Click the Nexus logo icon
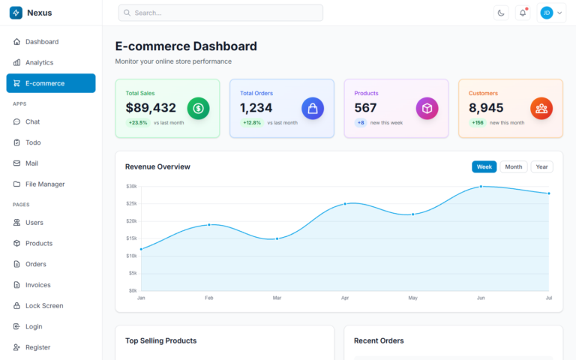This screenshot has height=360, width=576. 16,13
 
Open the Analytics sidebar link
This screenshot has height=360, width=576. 39,62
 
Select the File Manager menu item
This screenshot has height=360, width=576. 45,184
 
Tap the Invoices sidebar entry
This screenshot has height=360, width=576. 37,285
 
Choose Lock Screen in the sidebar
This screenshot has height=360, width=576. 44,306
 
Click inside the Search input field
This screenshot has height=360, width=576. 220,13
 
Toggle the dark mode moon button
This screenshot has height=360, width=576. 501,13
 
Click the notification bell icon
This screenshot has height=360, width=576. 523,13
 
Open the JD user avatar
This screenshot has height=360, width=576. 547,13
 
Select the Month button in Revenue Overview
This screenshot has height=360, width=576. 514,166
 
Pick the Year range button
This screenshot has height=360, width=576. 541,166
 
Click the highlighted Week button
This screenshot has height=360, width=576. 484,166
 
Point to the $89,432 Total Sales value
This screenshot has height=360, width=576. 151,108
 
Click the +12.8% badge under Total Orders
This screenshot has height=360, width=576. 252,122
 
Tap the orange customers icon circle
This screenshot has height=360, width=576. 541,108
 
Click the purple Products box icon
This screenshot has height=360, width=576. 427,108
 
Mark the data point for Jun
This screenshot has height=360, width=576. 481,187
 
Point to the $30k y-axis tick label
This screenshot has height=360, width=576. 131,186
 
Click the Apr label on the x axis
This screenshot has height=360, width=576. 345,298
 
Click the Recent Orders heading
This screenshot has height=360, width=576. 379,340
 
